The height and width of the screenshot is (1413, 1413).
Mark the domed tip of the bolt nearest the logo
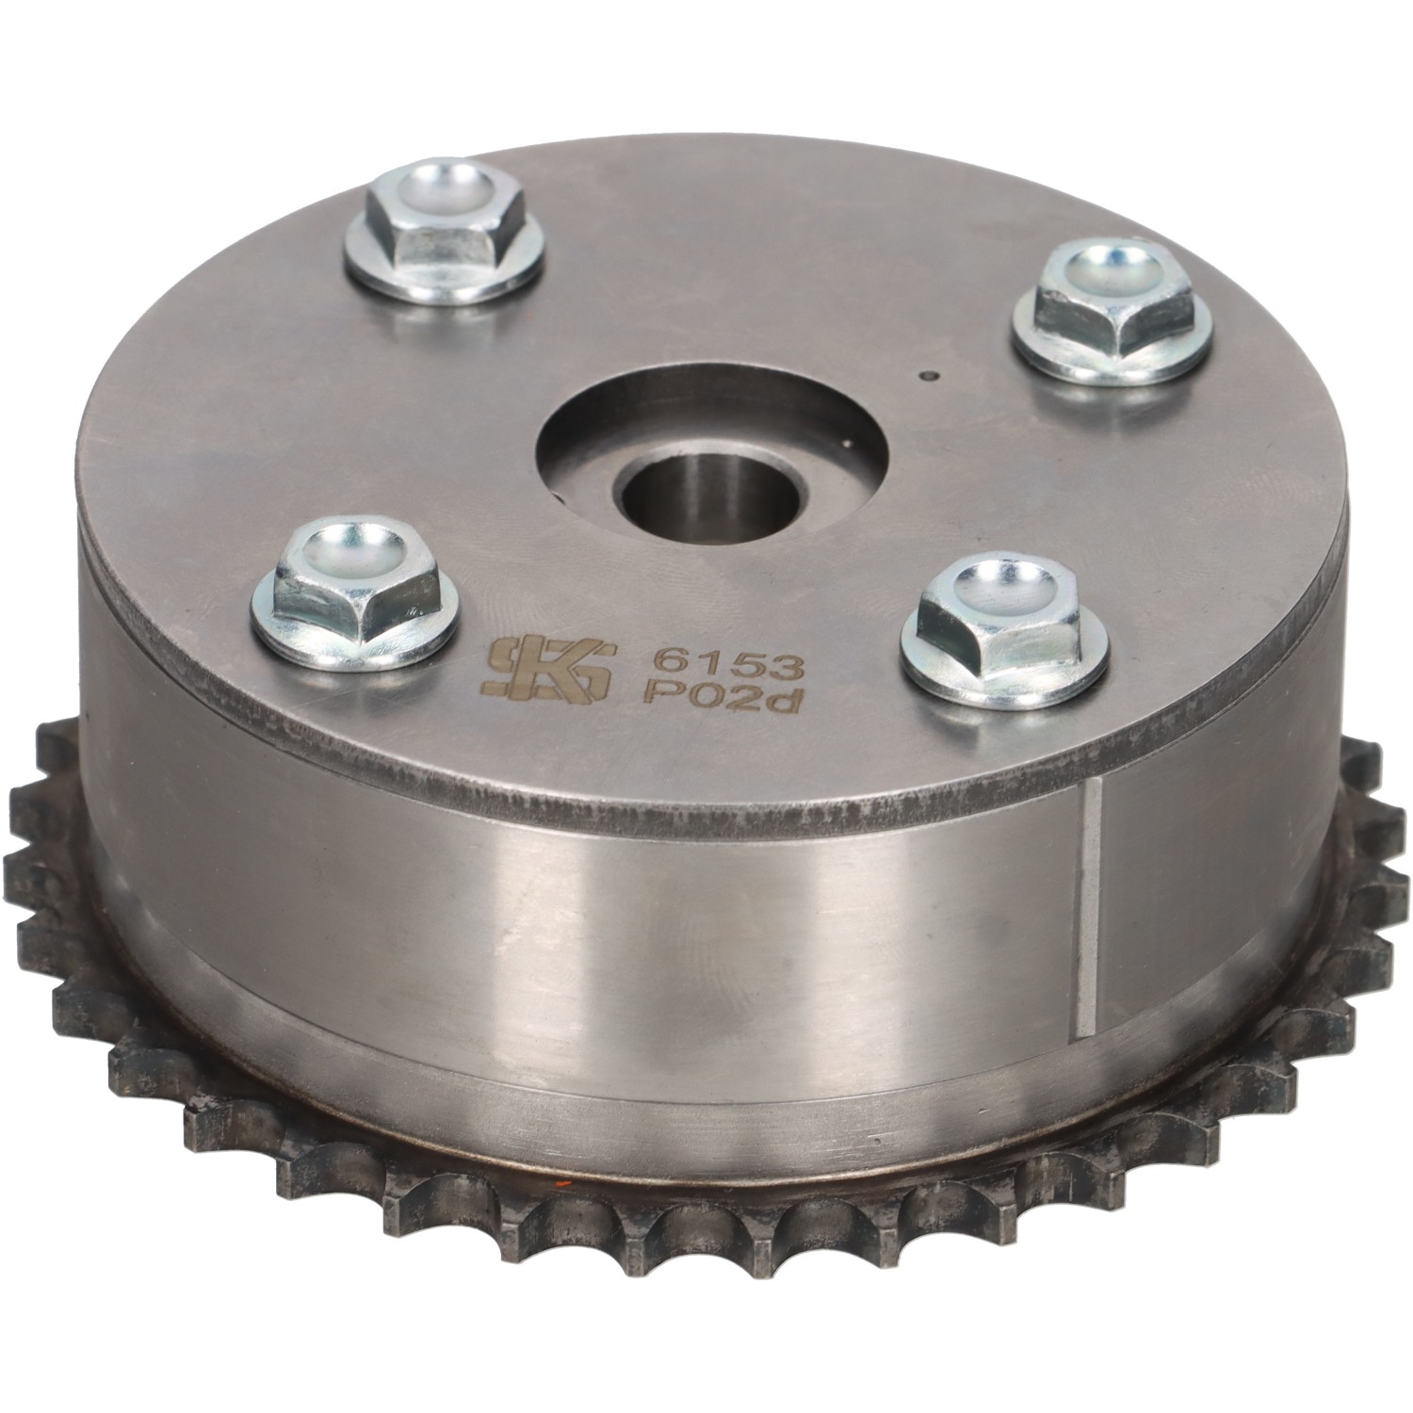point(349,547)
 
